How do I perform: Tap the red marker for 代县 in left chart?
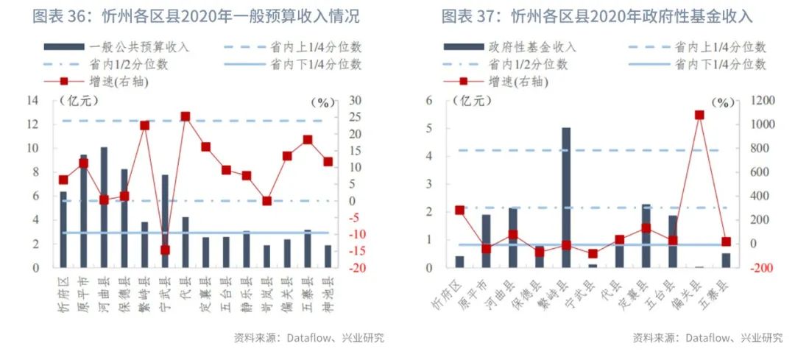coord(185,116)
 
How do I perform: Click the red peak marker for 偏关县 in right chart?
coord(699,115)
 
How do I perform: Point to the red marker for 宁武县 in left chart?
coord(165,250)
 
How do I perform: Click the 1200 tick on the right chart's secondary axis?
coord(761,101)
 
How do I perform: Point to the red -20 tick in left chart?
coord(356,268)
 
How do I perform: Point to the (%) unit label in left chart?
coord(322,102)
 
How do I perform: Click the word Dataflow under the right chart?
coord(707,338)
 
